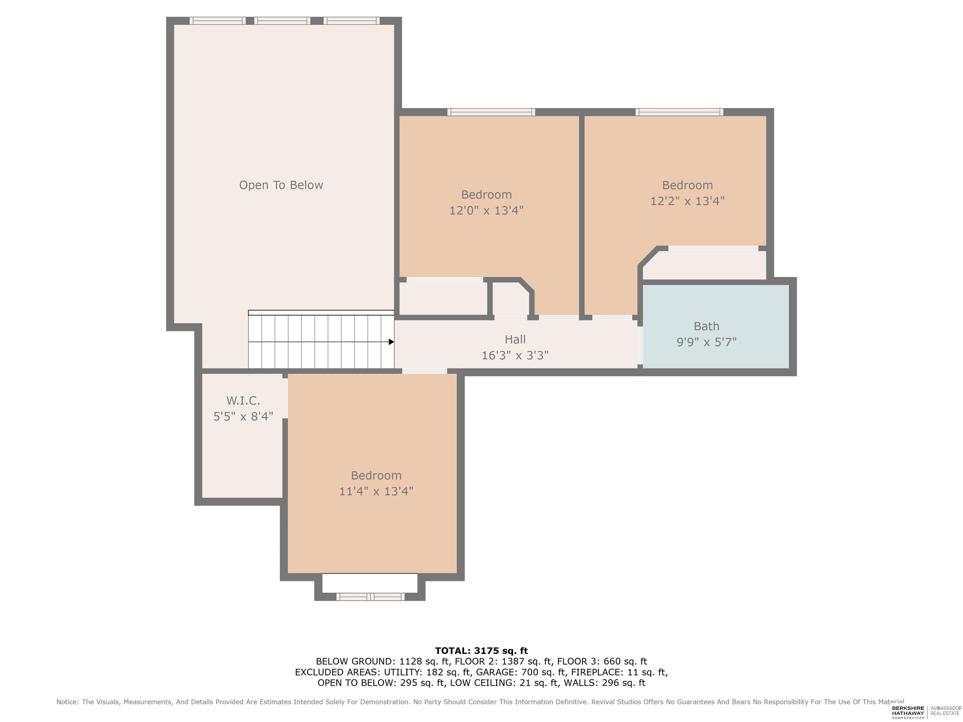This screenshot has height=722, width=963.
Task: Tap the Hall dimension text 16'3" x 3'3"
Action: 515,356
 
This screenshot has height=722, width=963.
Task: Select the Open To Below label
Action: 281,185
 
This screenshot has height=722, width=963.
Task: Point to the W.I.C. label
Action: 243,400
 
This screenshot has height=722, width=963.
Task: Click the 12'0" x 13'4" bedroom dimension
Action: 486,211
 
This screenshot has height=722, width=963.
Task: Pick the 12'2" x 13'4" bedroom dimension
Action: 687,201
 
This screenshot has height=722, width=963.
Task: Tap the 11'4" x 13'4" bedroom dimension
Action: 376,491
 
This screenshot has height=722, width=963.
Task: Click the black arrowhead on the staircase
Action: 392,342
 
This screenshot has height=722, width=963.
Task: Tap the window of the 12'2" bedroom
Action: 679,112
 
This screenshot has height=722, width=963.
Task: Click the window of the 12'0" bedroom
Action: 491,112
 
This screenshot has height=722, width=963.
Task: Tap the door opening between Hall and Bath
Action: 640,345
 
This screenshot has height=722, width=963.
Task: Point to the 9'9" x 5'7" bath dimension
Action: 706,342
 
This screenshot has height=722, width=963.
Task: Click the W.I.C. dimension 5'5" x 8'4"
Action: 243,416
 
